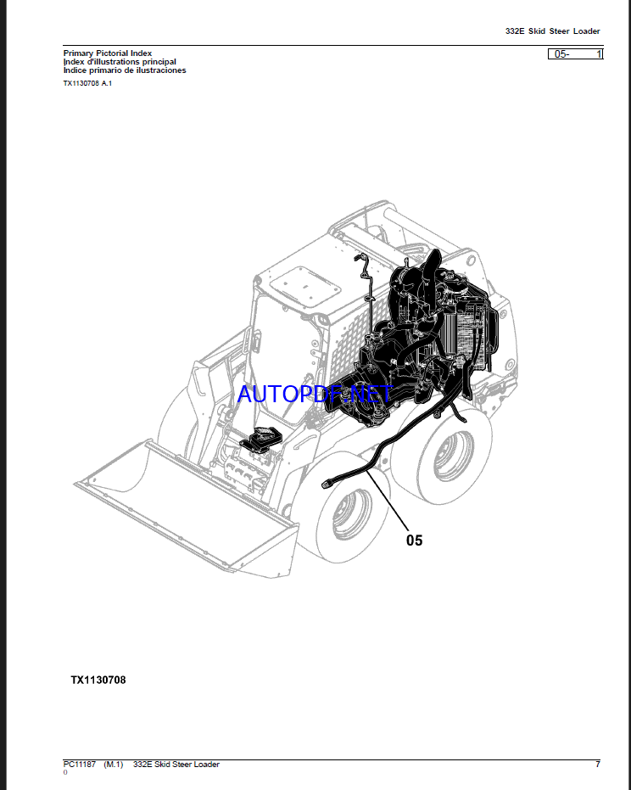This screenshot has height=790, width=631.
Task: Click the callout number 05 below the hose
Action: (413, 540)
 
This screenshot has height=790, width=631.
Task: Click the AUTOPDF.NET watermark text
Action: (315, 394)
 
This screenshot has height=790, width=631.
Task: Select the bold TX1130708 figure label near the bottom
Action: (98, 680)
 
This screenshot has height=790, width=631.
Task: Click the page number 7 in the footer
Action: (597, 765)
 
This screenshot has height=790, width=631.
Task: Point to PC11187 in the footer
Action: (80, 765)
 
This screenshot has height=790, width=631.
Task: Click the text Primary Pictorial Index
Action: (108, 53)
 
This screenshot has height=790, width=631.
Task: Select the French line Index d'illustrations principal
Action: (120, 62)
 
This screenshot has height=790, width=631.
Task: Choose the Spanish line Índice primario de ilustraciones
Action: (125, 70)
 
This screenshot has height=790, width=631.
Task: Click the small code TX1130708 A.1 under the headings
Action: (87, 83)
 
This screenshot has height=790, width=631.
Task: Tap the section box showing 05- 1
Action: (576, 53)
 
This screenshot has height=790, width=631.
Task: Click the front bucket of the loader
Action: (187, 501)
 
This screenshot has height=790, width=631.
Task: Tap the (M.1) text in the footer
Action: (114, 765)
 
